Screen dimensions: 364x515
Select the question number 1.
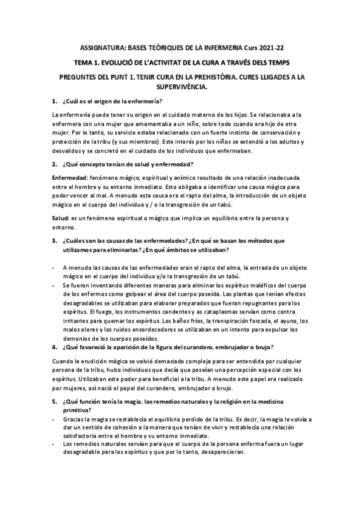pyautogui.click(x=55, y=101)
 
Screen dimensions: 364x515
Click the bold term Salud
pyautogui.click(x=61, y=217)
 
